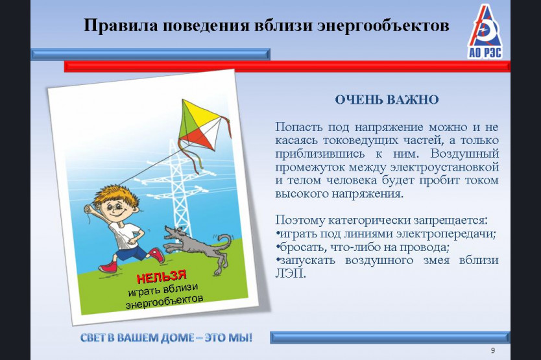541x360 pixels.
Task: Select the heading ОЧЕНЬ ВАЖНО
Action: point(387,100)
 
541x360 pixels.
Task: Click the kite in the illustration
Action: point(200,125)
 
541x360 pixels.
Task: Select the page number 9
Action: point(493,351)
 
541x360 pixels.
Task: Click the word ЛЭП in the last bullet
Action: point(290,274)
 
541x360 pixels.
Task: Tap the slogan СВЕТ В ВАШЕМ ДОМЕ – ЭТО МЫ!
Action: point(166,337)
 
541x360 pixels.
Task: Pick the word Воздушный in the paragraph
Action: point(464,153)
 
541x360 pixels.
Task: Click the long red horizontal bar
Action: point(287,66)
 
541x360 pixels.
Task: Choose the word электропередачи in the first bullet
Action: point(446,234)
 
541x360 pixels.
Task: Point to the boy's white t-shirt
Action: point(125,235)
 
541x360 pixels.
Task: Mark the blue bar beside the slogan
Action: point(390,337)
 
